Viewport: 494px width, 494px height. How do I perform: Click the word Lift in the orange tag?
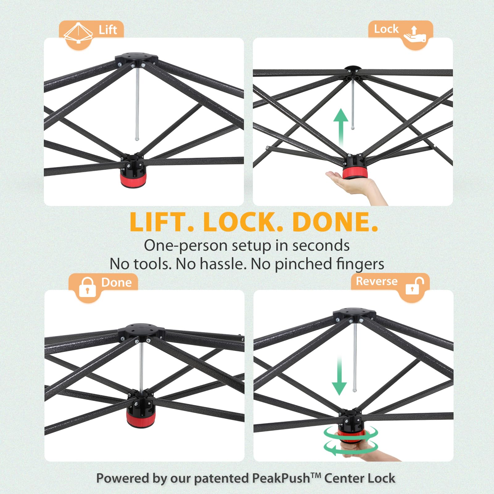point(108,30)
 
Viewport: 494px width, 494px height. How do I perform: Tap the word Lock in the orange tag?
point(386,29)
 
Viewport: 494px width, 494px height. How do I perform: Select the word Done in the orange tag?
point(116,283)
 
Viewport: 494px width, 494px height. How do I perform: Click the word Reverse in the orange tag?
point(377,281)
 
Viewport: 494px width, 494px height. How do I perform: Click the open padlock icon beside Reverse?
point(414,286)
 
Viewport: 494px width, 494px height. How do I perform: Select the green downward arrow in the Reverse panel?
point(339,375)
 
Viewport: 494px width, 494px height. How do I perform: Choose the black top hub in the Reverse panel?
point(354,313)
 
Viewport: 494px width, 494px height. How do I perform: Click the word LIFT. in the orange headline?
point(162,222)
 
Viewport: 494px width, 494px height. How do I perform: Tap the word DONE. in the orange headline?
point(335,222)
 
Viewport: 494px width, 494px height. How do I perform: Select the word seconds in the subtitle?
point(321,246)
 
